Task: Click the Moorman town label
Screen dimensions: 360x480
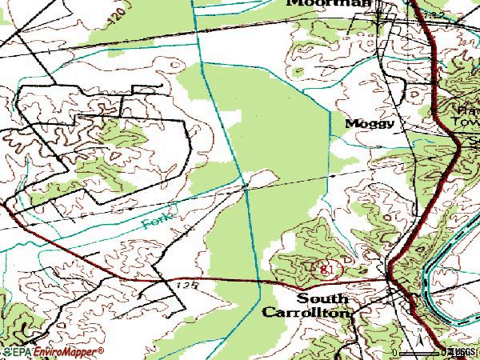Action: point(329,3)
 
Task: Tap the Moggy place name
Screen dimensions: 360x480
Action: point(370,124)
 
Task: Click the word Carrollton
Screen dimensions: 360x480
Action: point(306,313)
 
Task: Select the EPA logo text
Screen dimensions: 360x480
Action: point(15,352)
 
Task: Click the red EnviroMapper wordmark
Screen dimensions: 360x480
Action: point(65,352)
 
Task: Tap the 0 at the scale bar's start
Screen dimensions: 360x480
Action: point(394,353)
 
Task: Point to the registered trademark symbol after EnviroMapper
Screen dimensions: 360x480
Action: point(102,350)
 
